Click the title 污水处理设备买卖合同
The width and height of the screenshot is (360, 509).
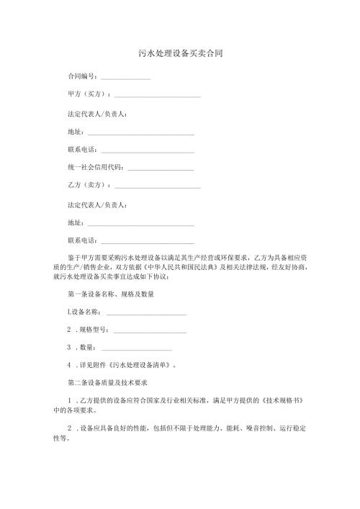(x=180, y=54)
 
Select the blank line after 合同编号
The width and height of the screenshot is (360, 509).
(x=125, y=78)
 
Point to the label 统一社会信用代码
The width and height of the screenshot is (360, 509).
(x=94, y=167)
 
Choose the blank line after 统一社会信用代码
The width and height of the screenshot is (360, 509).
(x=160, y=169)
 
